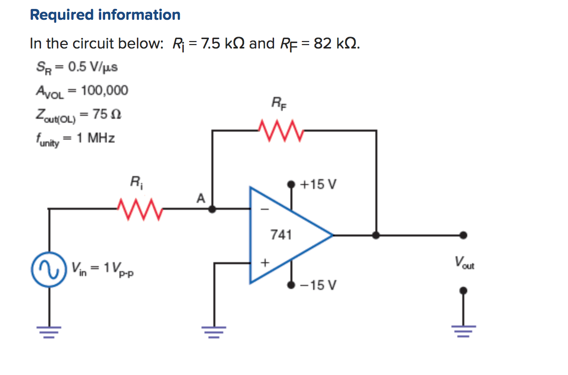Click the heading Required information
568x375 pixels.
tap(105, 15)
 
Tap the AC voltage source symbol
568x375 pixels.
tap(49, 268)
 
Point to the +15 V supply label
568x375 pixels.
tap(319, 185)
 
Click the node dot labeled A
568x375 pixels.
tap(212, 209)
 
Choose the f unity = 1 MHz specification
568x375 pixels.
tap(75, 139)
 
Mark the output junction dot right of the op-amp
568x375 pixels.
tap(376, 235)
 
